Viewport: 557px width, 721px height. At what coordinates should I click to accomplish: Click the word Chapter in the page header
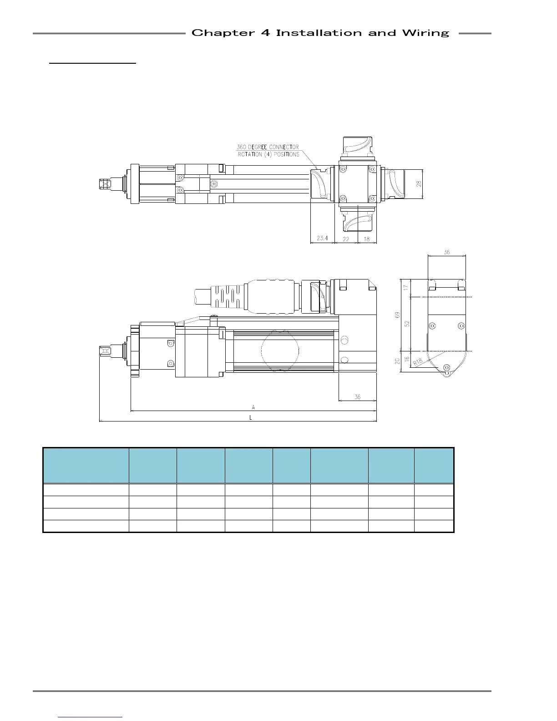223,33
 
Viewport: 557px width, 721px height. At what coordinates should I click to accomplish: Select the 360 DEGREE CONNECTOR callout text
268,147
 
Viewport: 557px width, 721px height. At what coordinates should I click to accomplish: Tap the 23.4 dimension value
322,238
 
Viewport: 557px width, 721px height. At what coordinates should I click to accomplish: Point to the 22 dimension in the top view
346,239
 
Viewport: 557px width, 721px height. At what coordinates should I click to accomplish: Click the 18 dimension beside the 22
367,239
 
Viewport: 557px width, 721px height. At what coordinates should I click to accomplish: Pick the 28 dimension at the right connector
419,184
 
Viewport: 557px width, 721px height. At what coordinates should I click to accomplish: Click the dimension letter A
253,407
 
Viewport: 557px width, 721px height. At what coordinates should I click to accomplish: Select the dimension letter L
251,418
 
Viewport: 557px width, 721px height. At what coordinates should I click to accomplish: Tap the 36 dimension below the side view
357,397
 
